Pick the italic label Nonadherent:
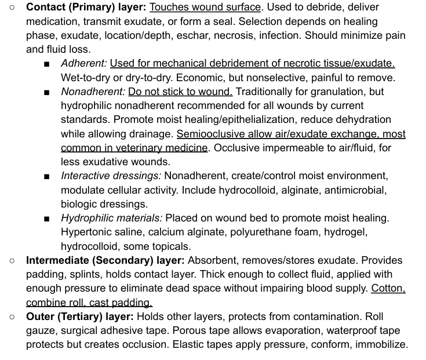[x=93, y=92]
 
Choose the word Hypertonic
[x=87, y=232]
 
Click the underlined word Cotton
[x=388, y=289]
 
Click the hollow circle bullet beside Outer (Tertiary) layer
[x=12, y=317]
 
